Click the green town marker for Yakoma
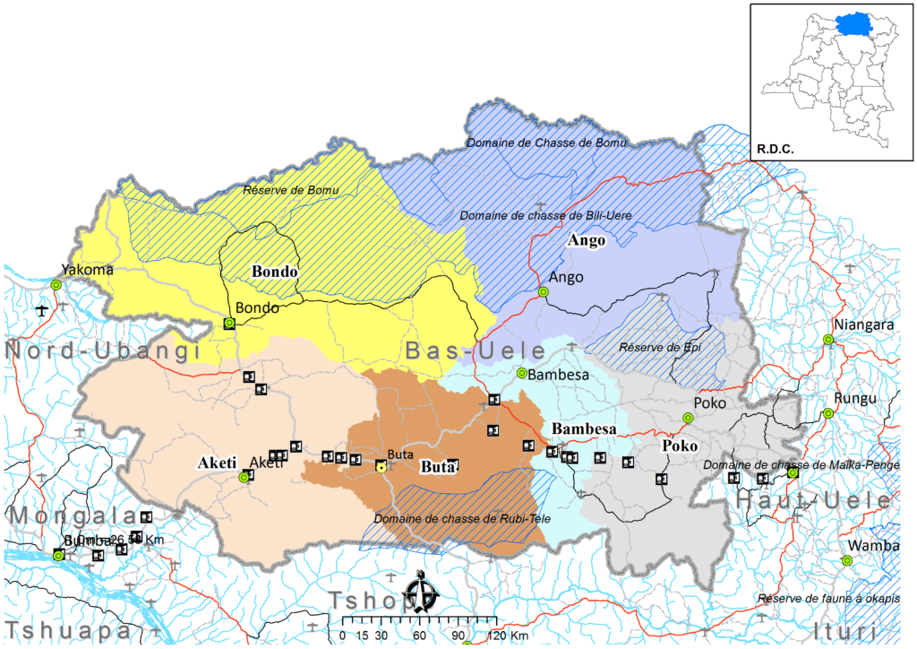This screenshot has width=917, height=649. tap(56, 284)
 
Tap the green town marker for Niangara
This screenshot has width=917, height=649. tap(828, 340)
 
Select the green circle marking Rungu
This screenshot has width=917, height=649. tap(828, 413)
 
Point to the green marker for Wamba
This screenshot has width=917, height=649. tap(846, 560)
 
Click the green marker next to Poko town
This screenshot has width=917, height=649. tap(688, 418)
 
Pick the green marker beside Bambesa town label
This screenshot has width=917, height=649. tap(522, 373)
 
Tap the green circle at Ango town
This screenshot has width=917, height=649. tap(543, 292)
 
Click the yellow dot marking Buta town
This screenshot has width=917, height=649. tap(381, 467)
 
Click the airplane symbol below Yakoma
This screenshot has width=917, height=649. tap(42, 310)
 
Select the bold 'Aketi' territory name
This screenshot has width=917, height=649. tap(216, 463)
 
